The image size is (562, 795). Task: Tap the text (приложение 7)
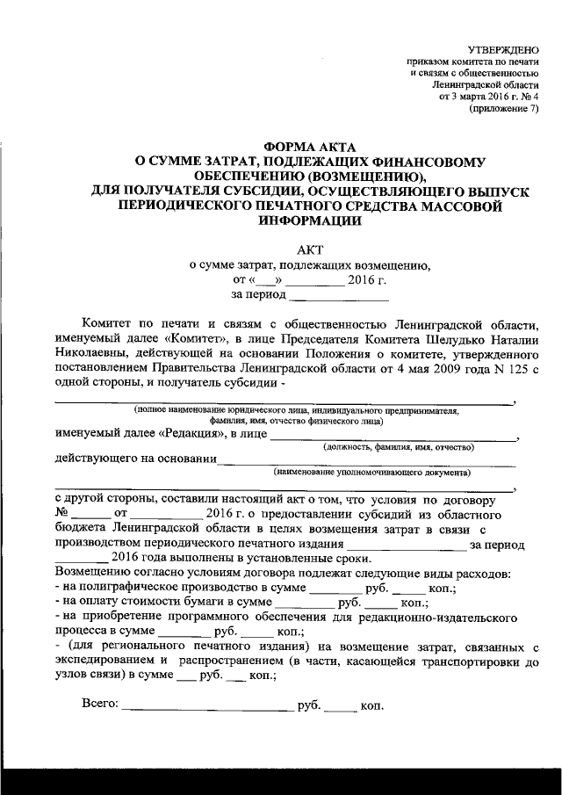pyautogui.click(x=504, y=109)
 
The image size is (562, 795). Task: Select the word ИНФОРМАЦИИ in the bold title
pyautogui.click(x=307, y=220)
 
